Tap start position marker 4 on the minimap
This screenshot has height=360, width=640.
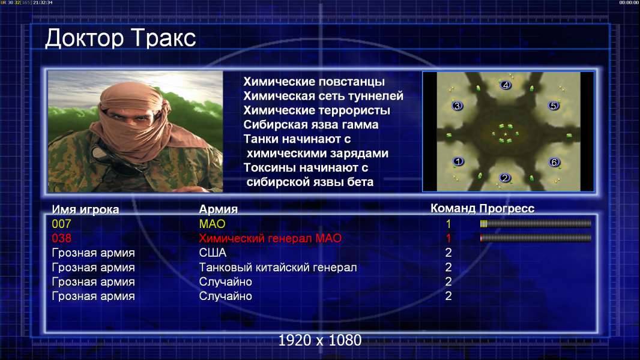pos(506,85)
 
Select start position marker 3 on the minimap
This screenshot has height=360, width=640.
pos(457,106)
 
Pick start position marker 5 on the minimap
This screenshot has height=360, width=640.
pos(553,106)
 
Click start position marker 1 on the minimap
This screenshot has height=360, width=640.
pos(458,161)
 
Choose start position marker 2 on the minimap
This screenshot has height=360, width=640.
pos(505,178)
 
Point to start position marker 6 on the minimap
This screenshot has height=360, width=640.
pos(554,162)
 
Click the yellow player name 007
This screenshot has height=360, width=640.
pos(61,224)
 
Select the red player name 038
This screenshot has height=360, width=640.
pos(61,238)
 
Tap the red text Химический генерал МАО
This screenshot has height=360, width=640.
pos(270,239)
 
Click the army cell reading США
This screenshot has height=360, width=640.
pos(213,253)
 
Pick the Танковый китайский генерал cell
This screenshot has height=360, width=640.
pos(278,268)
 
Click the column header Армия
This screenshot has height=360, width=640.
pos(219,209)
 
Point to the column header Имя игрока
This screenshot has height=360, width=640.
pos(85,209)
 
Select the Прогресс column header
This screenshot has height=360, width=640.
pos(507,209)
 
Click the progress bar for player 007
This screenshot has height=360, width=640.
pos(536,223)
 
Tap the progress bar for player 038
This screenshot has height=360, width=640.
pos(536,238)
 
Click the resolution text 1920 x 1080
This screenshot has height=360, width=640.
pos(320,340)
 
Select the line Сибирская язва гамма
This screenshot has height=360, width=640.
pos(311,125)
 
